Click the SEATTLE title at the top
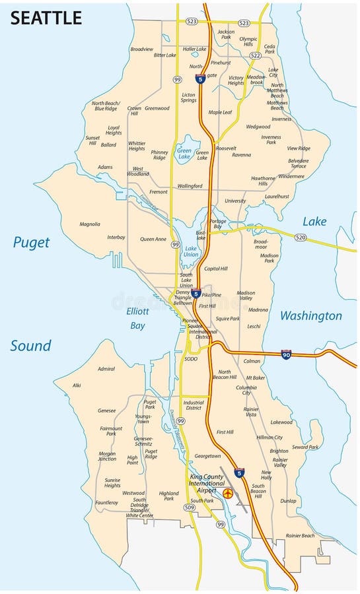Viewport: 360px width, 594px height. (46, 18)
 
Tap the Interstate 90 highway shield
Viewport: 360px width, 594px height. (286, 354)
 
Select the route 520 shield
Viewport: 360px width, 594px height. (301, 237)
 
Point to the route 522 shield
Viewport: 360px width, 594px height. (255, 56)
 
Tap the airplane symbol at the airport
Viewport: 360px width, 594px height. (229, 493)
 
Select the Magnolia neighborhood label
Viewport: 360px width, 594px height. (89, 224)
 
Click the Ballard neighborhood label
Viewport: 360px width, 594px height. (108, 145)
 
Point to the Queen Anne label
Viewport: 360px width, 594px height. (152, 239)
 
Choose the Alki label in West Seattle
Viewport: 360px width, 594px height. (77, 385)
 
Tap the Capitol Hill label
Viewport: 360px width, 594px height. (215, 269)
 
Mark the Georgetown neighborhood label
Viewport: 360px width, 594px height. (207, 455)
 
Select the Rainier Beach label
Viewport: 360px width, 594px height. (300, 535)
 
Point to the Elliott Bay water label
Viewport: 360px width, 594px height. (138, 317)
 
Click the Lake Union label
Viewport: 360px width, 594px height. (191, 251)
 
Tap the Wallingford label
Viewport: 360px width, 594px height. (190, 186)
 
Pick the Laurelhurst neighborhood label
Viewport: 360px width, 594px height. (277, 196)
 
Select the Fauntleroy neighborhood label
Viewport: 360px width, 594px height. (106, 502)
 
